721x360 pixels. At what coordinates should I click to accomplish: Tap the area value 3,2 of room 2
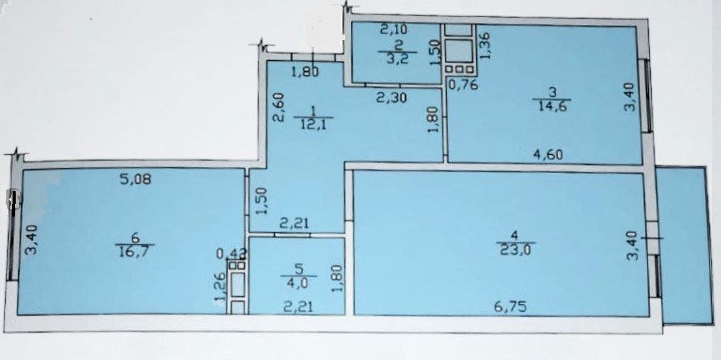[x=398, y=60]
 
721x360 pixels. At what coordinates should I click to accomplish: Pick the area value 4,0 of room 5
[x=299, y=282]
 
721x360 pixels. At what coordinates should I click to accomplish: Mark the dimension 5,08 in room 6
[x=136, y=180]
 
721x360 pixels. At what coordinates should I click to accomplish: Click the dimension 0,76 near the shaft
[x=463, y=85]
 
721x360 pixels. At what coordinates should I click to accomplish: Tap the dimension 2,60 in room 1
[x=280, y=107]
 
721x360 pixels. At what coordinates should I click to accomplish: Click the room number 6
[x=135, y=238]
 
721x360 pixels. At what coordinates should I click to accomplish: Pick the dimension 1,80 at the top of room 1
[x=307, y=71]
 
